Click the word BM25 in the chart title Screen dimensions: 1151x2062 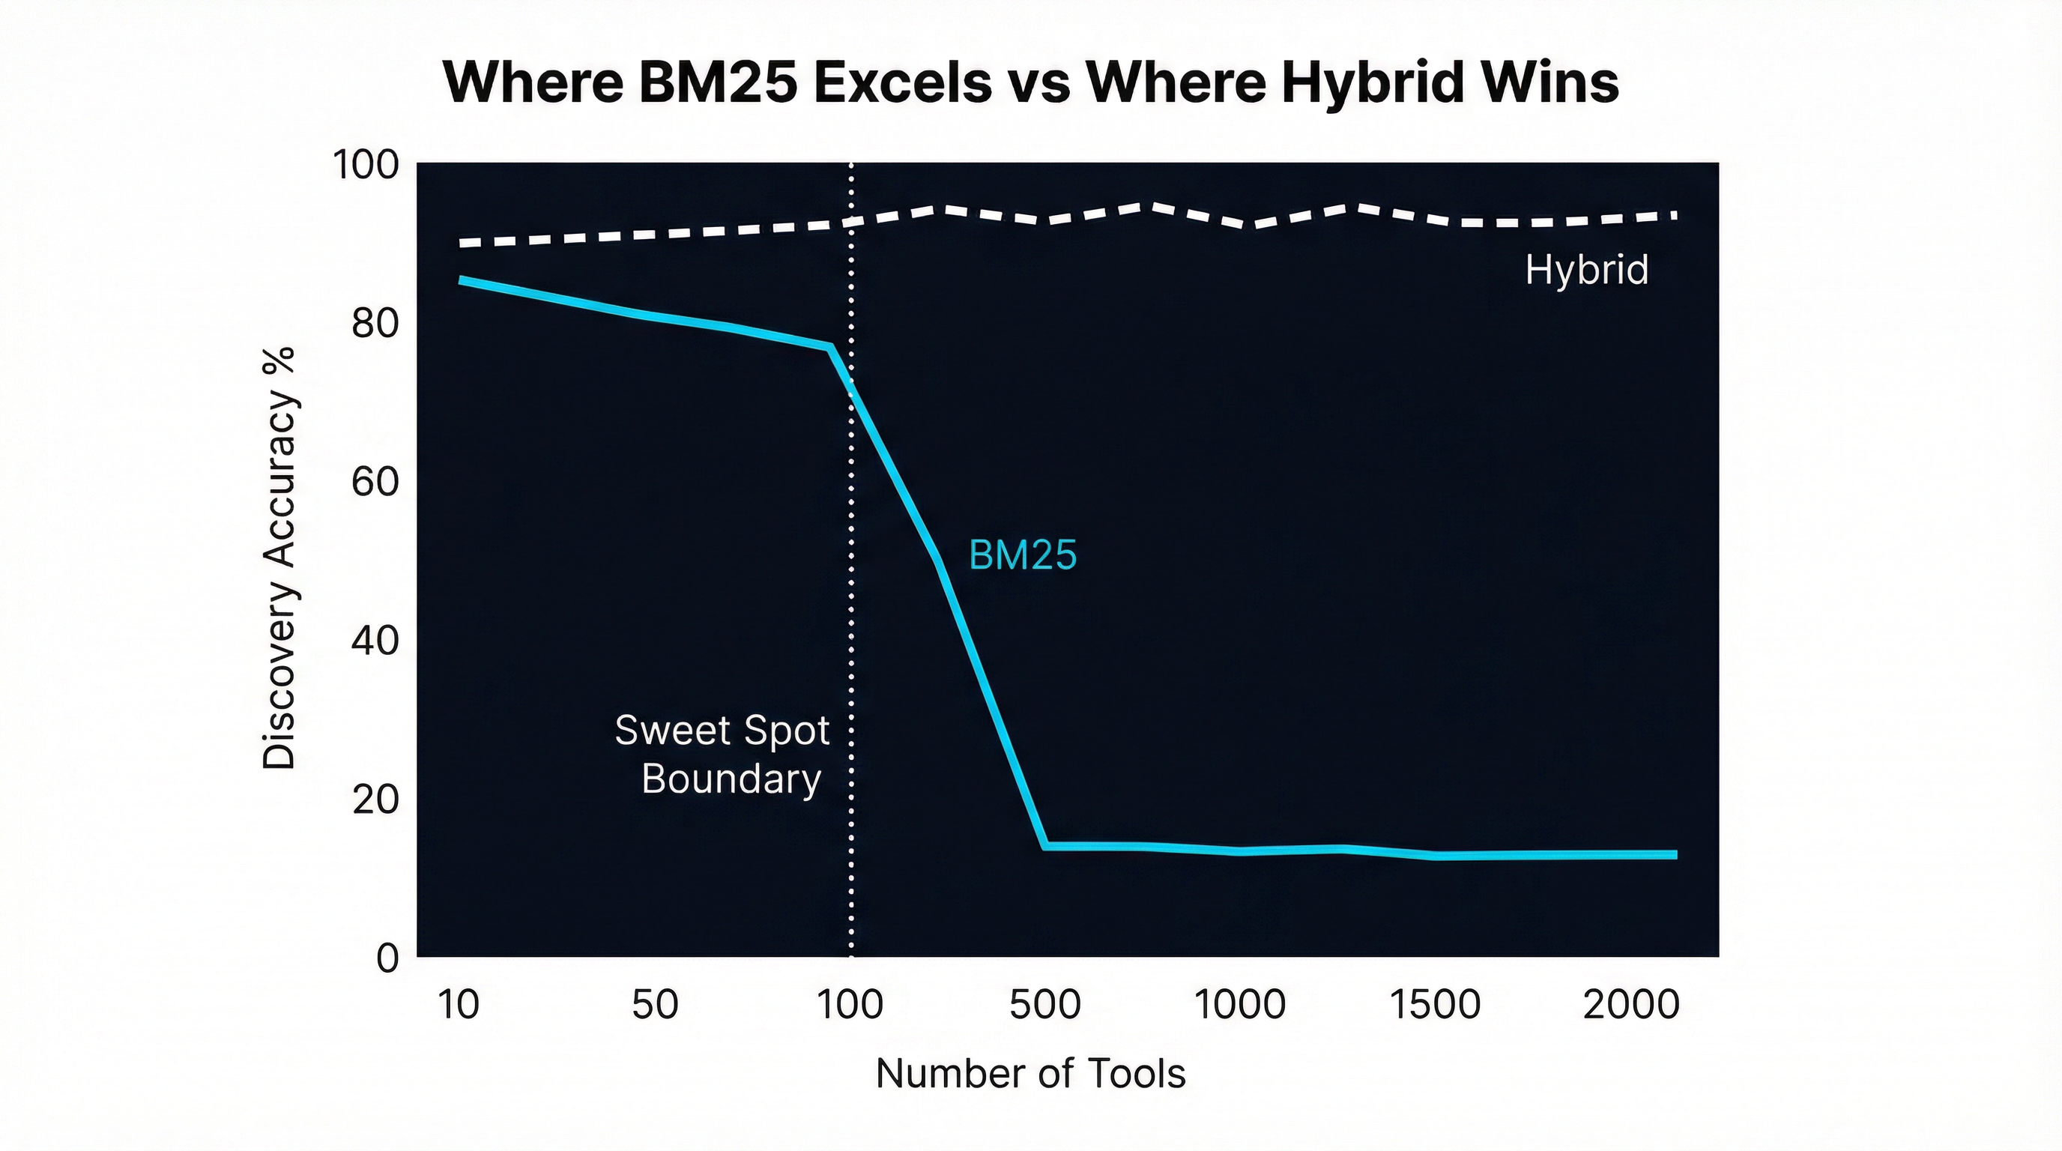[x=718, y=82]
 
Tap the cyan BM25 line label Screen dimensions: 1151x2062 [x=1022, y=555]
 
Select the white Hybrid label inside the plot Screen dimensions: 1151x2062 [x=1585, y=270]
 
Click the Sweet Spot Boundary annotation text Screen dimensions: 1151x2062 [x=723, y=754]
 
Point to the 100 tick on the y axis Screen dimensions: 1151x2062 [x=365, y=166]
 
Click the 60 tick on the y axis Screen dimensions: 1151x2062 [x=375, y=483]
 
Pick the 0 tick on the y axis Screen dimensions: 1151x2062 [x=387, y=958]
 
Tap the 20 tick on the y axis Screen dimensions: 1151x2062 [x=375, y=800]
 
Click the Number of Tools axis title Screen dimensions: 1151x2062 [x=1030, y=1073]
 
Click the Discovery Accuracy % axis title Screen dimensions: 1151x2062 [x=279, y=558]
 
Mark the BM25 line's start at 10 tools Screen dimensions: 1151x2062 [x=461, y=280]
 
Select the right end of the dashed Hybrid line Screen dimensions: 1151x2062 [x=1674, y=215]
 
